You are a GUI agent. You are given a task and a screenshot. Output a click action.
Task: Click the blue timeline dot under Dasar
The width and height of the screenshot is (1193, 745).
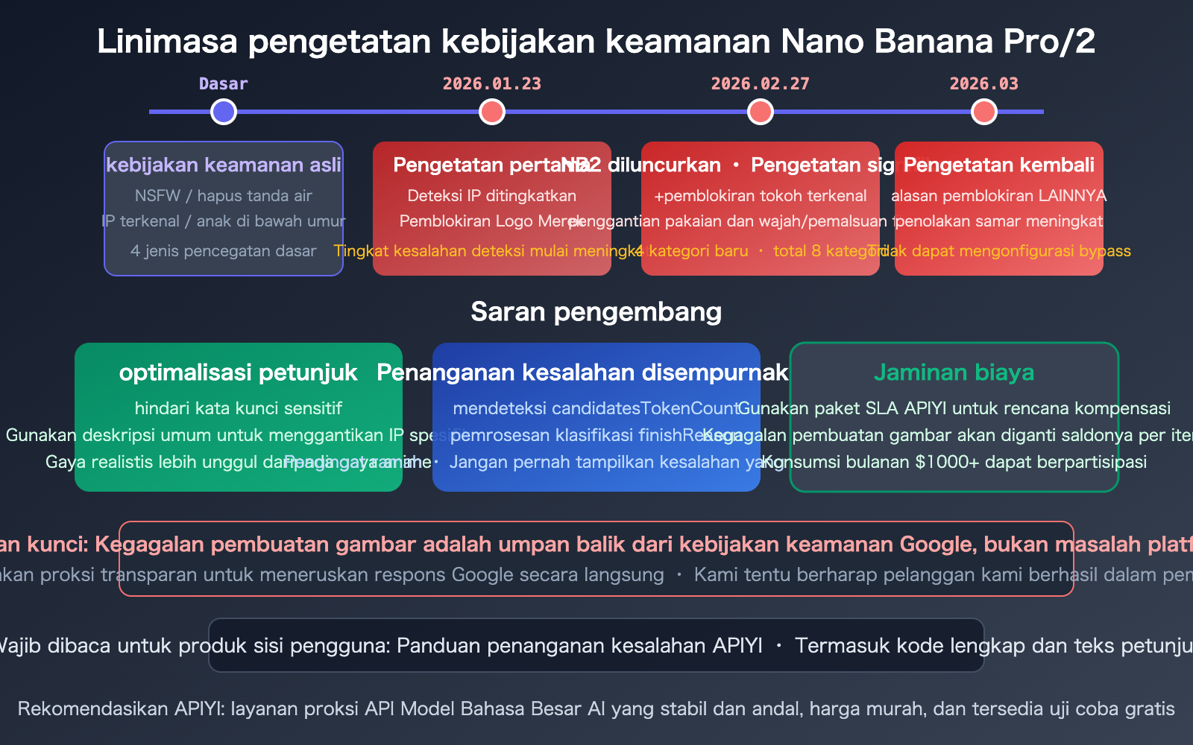coord(224,112)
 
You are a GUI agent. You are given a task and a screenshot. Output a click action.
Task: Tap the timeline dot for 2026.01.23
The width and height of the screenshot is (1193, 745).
coord(492,112)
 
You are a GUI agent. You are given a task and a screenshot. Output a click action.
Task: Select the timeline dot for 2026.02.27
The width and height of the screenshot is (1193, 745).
coord(761,112)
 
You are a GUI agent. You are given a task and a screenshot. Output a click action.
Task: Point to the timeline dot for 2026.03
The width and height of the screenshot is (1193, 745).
coord(984,112)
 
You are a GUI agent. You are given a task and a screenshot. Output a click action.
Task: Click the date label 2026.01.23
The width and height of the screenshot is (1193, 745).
coord(492,84)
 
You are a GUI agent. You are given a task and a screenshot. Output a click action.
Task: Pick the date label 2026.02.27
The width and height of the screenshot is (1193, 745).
coord(761,84)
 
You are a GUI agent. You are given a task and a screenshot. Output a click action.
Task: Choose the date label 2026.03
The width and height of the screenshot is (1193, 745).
coord(984,84)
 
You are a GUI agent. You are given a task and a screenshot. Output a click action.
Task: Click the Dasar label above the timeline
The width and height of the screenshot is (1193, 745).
coord(224,84)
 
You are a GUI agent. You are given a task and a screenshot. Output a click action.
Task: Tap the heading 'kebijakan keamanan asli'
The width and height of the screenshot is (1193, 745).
coord(224,165)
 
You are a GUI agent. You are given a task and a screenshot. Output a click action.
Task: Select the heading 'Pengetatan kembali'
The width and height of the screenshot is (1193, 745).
coord(999,165)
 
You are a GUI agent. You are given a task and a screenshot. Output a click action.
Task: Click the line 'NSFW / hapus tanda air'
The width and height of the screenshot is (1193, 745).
coord(224,196)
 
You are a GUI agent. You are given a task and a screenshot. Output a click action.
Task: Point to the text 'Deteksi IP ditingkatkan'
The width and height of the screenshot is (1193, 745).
coord(492,196)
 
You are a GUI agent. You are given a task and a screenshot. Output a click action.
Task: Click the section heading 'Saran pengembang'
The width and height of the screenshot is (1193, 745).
coord(596,311)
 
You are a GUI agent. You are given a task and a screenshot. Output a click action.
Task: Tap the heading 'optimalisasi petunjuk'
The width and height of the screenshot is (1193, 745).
coord(239,372)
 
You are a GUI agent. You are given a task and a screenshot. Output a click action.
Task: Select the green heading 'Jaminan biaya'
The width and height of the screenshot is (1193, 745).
coord(954,372)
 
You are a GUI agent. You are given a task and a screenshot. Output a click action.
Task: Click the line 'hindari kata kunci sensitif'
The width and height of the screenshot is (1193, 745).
coord(239,408)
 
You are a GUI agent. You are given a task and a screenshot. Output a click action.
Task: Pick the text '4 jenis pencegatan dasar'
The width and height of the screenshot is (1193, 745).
coord(224,251)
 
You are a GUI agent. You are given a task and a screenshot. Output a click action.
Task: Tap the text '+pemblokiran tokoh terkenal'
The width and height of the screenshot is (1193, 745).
coord(761,196)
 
